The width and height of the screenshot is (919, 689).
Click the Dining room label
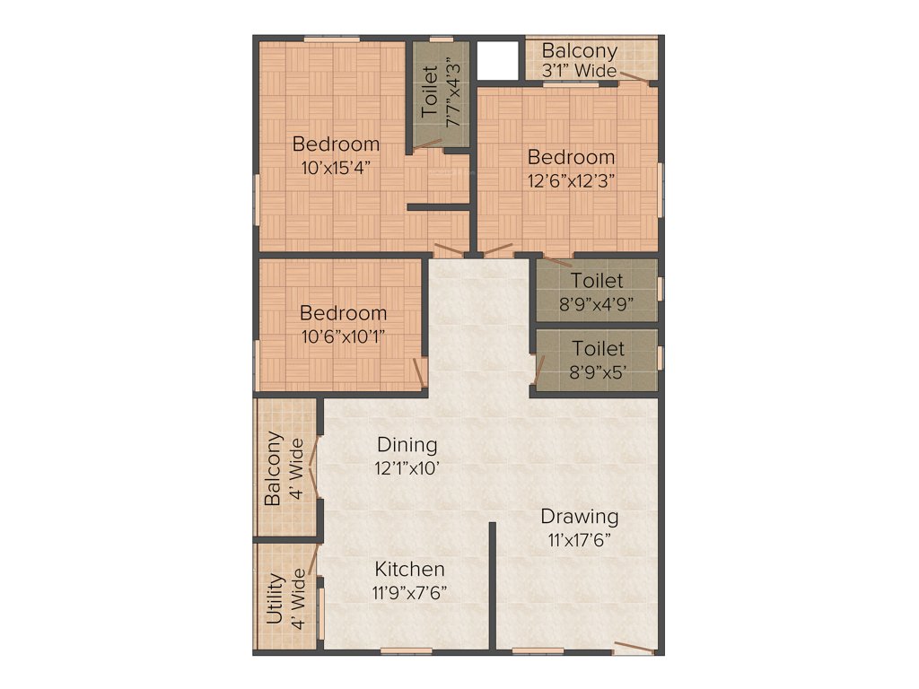407,444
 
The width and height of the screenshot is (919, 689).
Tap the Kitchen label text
409,569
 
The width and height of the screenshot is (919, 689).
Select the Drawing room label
579,517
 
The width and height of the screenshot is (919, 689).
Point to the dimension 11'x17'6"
579,540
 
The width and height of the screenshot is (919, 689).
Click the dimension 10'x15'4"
337,167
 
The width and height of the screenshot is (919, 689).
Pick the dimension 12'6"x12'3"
571,179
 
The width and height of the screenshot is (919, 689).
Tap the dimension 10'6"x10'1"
344,336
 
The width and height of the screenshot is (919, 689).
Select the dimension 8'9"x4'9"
597,303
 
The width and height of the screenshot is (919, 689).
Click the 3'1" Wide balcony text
579,71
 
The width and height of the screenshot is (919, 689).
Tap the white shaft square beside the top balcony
498,60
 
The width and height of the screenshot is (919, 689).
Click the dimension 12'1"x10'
407,467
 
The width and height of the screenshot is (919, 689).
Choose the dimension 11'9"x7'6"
409,592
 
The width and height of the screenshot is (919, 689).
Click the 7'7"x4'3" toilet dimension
453,94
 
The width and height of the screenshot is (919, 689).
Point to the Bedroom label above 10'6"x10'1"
344,313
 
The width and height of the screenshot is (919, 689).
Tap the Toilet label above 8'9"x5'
598,348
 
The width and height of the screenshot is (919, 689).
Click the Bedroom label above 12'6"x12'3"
571,157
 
